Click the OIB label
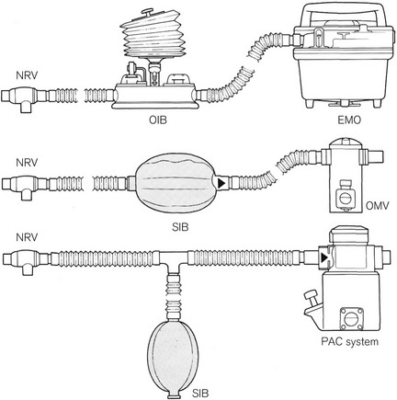tap(158, 120)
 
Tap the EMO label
tap(349, 120)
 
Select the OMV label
tap(378, 206)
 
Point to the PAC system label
tap(349, 341)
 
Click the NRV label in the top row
tap(27, 75)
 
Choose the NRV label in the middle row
tap(27, 162)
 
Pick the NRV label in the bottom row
tap(27, 237)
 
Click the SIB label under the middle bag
tap(180, 227)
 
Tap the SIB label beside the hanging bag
tap(201, 393)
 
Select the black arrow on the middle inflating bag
tap(221, 183)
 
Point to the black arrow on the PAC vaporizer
tap(323, 258)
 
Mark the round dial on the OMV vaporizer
tap(344, 199)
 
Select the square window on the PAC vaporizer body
tap(350, 318)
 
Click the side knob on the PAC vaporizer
tap(312, 299)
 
